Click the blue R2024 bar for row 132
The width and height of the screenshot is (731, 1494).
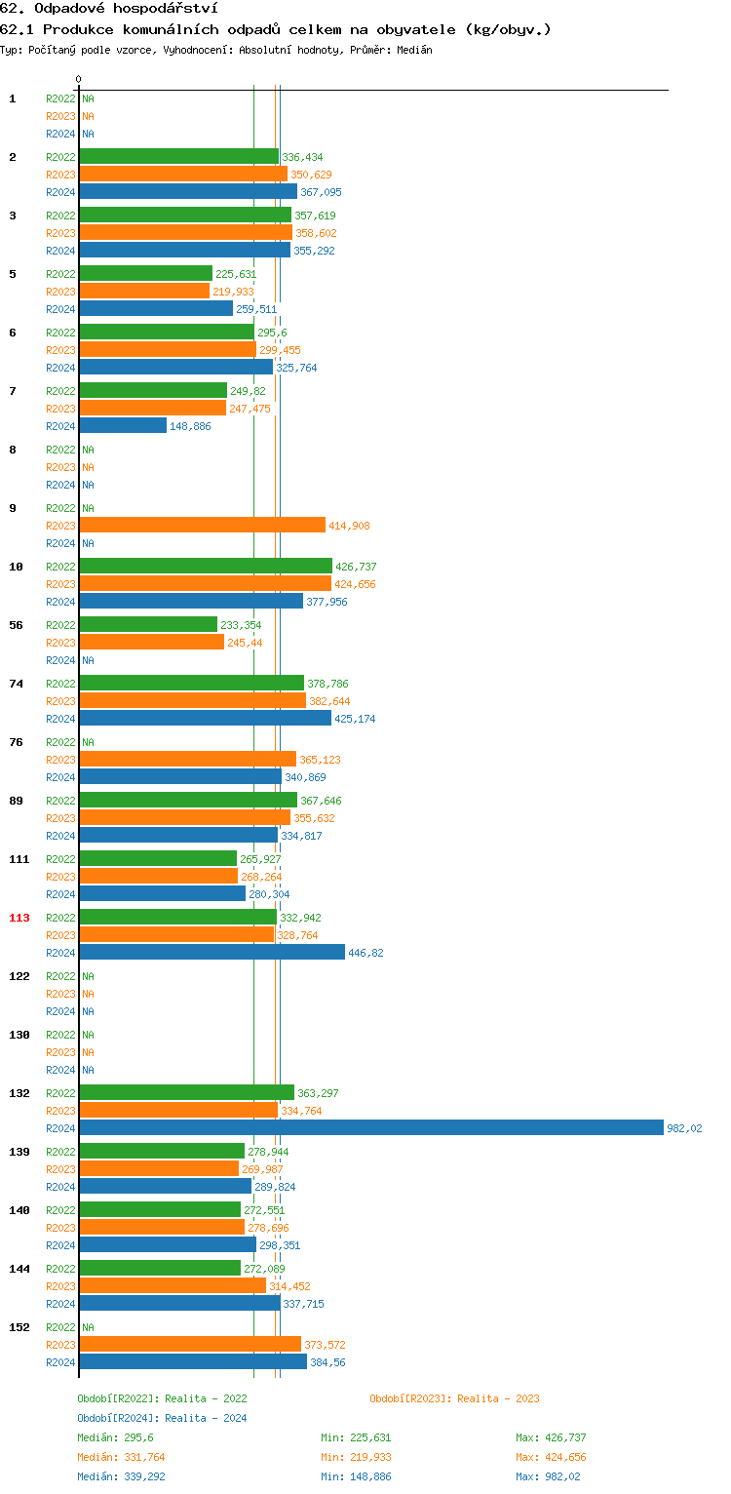tap(370, 1127)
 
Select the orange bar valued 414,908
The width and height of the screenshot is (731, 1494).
tap(202, 525)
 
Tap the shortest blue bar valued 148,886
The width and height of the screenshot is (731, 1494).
tap(123, 425)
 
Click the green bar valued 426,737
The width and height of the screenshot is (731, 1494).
tap(206, 566)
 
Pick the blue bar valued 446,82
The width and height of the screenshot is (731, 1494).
tap(212, 952)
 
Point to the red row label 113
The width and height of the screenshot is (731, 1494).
tap(19, 918)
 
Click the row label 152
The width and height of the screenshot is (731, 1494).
tap(19, 1327)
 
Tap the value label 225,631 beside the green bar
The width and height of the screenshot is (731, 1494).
tap(236, 274)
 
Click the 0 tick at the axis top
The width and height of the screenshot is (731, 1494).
tap(79, 79)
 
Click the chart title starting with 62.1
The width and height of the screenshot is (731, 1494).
tap(275, 29)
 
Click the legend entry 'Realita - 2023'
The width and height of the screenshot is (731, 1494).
tap(454, 1398)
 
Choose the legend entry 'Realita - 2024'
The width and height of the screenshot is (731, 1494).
tap(162, 1418)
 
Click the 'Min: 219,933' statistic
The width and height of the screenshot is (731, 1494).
tap(356, 1457)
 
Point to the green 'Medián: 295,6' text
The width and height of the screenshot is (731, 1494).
tap(115, 1437)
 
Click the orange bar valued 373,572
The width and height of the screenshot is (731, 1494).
tap(190, 1344)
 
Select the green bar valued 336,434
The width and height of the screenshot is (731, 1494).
tap(178, 156)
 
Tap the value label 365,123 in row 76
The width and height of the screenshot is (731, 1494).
tap(320, 760)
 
